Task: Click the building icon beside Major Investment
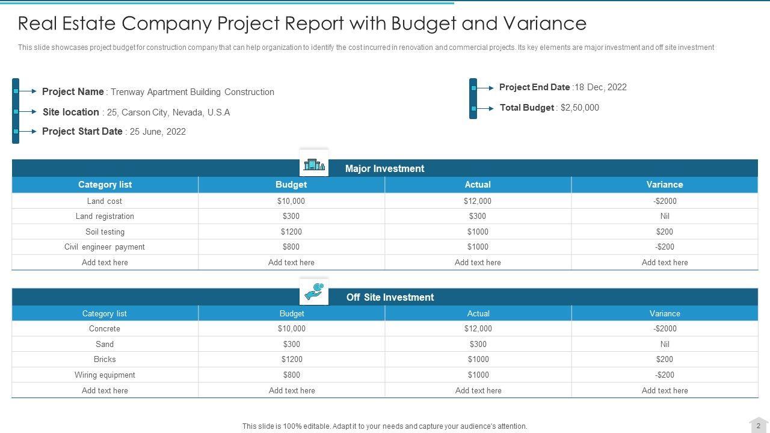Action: pos(314,164)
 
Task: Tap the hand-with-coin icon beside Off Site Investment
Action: pos(314,292)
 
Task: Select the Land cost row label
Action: pos(105,201)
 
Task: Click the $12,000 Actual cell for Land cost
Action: pos(478,201)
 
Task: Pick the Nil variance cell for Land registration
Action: pos(665,216)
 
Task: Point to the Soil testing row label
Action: pos(105,232)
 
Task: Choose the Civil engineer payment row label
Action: pos(105,247)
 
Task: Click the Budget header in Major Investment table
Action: pos(291,185)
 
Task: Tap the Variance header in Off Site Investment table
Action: pos(665,313)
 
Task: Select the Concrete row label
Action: pos(105,328)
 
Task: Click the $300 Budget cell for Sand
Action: pos(292,344)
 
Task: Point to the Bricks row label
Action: pos(105,359)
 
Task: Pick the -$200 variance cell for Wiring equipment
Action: pos(665,375)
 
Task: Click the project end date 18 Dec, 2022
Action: pos(600,87)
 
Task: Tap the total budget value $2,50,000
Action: pos(580,108)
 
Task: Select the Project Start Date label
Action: pos(82,131)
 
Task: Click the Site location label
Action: pos(71,112)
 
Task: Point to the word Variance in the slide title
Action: pos(544,23)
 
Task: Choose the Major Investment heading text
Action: pos(384,168)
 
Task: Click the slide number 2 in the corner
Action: pos(758,426)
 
